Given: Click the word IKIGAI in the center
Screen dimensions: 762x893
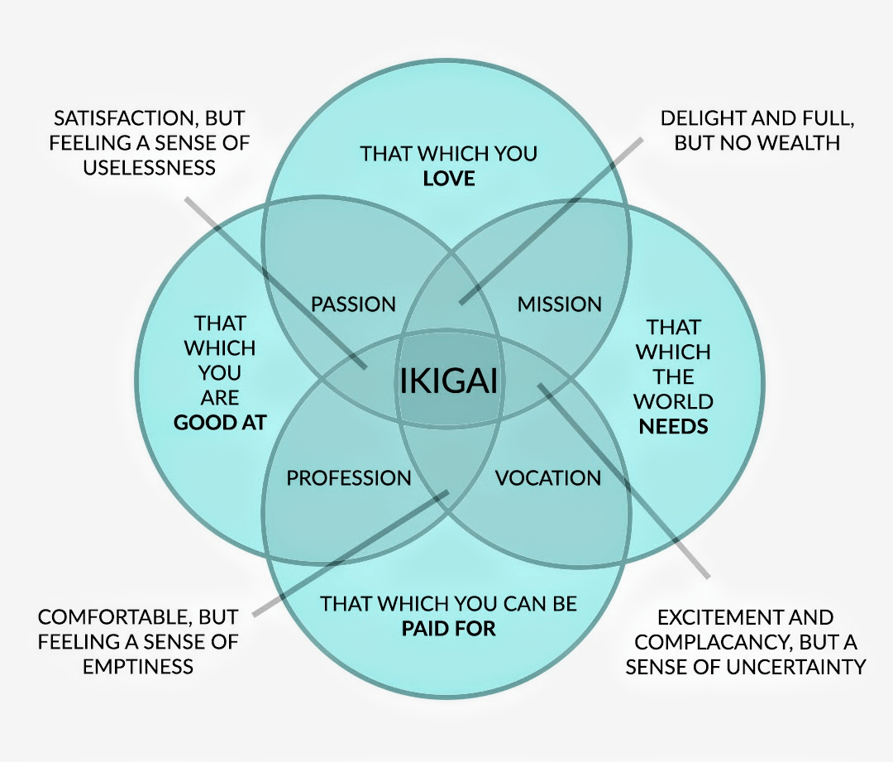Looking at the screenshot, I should pos(450,381).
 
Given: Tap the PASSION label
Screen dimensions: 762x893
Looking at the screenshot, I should pos(353,304).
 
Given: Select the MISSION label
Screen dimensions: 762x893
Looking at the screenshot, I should pos(560,304).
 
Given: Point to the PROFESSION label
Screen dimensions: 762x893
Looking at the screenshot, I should pos(348,478).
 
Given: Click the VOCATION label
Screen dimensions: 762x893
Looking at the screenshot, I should pos(547,478).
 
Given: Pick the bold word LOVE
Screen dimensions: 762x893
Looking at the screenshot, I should pos(449,178).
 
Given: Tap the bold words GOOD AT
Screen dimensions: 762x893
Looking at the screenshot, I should pos(220,422).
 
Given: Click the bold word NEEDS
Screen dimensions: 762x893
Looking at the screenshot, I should pos(674,426).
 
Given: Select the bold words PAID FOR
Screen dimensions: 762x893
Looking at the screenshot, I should pos(449,628).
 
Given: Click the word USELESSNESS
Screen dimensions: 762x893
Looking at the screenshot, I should pos(150,167).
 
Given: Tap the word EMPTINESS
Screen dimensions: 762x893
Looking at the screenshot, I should pos(138,666).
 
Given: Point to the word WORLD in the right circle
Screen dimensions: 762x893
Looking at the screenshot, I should pos(674,402).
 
